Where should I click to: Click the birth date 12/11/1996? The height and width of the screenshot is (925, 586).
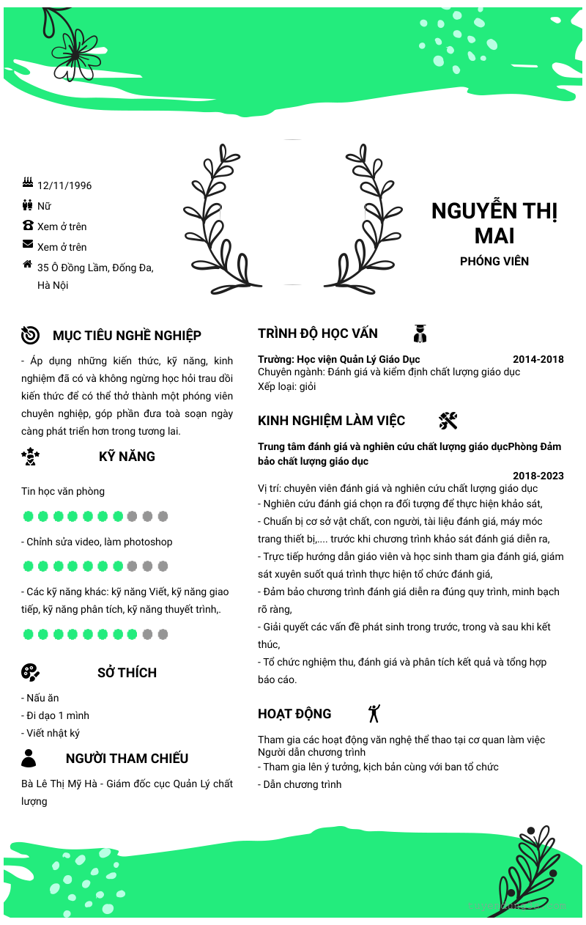64,185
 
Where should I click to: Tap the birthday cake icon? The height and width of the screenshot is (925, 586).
28,183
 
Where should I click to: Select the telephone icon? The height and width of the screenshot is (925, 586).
28,225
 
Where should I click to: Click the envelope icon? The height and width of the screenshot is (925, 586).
28,244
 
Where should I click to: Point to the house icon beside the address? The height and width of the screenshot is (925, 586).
28,264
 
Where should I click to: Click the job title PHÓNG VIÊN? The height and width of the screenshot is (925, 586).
494,261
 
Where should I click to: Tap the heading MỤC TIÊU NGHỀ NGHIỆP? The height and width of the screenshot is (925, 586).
127,336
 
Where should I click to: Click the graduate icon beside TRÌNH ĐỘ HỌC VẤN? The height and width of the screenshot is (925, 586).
420,333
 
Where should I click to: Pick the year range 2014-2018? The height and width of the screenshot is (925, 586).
538,359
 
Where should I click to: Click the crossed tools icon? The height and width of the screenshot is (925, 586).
448,420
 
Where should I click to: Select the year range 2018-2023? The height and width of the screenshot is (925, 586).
538,476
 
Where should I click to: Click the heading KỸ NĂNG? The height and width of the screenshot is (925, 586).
127,457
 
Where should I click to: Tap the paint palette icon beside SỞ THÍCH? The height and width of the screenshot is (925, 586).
30,672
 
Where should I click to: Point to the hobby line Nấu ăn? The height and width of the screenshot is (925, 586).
42,698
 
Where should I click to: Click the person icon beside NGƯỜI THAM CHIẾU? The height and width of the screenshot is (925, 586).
29,758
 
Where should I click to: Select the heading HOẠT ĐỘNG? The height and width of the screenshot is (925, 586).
294,714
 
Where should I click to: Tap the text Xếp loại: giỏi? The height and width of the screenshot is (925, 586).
287,386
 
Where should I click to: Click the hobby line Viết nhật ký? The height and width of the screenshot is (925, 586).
51,733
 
